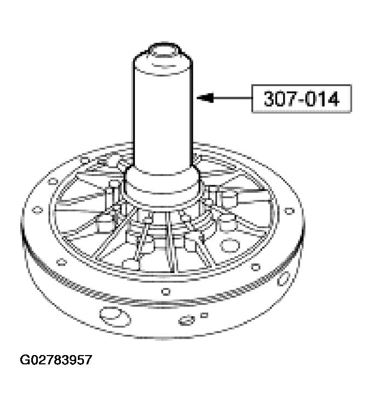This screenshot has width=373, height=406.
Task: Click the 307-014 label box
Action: click(x=301, y=99)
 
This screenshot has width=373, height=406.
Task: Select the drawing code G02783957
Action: click(x=56, y=360)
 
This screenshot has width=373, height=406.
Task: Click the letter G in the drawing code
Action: click(x=25, y=360)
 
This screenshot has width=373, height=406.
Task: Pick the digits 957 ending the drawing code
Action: click(x=82, y=360)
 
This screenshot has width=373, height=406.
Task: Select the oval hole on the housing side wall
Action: click(x=187, y=319)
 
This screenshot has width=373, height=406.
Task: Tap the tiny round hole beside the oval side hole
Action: click(x=204, y=315)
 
